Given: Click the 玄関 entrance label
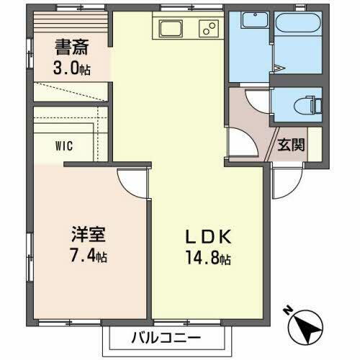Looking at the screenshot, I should pyautogui.click(x=291, y=143).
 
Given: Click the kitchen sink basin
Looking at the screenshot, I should pyautogui.click(x=172, y=30).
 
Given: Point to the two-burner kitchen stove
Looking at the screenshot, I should pyautogui.click(x=207, y=30).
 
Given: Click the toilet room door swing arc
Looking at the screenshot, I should pyautogui.click(x=253, y=101).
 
